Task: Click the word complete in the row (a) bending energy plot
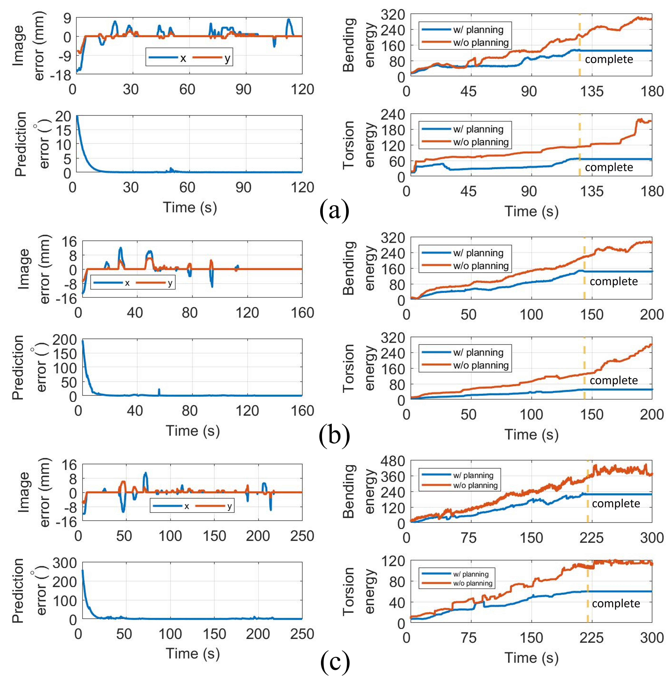(x=609, y=59)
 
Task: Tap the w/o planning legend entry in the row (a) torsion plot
(x=481, y=142)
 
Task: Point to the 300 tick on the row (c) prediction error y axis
(x=64, y=563)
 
